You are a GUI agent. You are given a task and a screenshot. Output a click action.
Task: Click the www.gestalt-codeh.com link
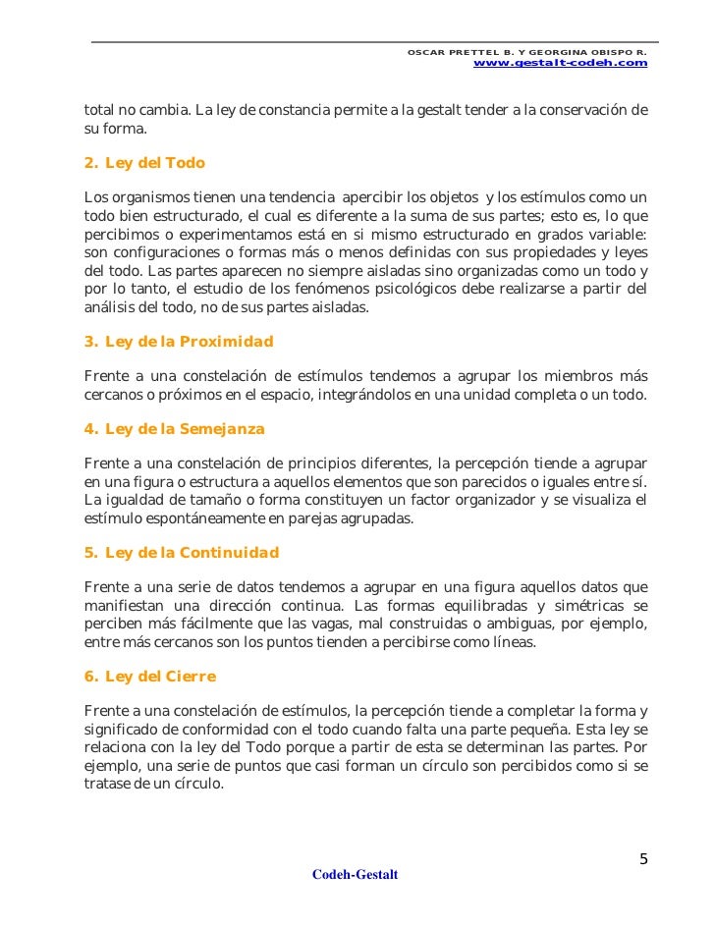pyautogui.click(x=560, y=63)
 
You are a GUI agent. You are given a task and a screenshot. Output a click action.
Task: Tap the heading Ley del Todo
pyautogui.click(x=144, y=162)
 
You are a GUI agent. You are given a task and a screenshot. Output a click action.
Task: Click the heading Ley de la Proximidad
pyautogui.click(x=179, y=342)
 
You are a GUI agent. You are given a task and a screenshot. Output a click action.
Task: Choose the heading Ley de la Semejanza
pyautogui.click(x=175, y=429)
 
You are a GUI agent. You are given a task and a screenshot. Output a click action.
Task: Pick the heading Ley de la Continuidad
pyautogui.click(x=182, y=552)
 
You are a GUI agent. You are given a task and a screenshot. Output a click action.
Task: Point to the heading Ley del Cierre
pyautogui.click(x=150, y=677)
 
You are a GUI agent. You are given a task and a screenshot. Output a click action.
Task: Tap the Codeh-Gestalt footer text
pyautogui.click(x=355, y=875)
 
